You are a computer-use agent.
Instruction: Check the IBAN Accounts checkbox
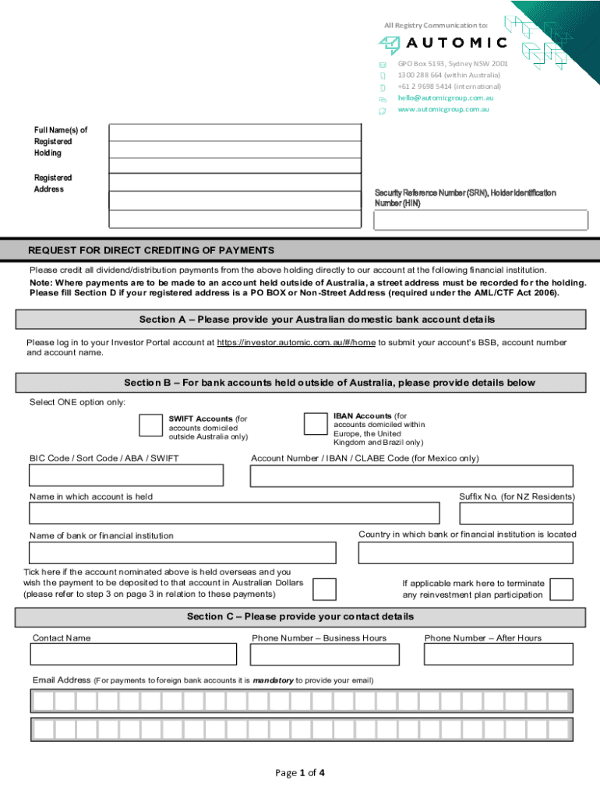click(315, 423)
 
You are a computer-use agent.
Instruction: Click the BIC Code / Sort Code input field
click(126, 475)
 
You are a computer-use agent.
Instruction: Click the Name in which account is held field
click(234, 513)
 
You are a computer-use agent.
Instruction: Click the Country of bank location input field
click(465, 552)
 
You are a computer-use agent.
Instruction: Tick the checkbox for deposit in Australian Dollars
click(324, 589)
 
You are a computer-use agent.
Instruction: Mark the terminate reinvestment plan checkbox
click(561, 589)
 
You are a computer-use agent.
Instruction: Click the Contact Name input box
click(133, 654)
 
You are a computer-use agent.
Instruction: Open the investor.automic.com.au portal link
click(296, 342)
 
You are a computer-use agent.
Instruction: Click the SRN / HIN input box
click(480, 221)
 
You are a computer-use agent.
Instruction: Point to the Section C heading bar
click(300, 616)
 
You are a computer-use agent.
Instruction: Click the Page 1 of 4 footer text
click(300, 773)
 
